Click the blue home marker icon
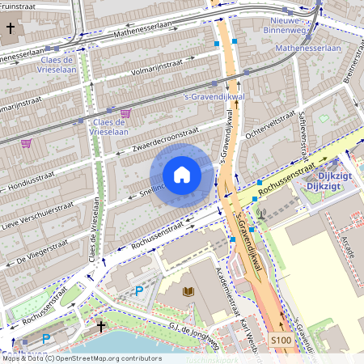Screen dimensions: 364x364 coord(182,175)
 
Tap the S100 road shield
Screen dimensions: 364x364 coord(281,341)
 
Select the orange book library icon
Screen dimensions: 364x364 coord(188,291)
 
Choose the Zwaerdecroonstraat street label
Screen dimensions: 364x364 coord(161,139)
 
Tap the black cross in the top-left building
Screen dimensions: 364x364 coord(11,28)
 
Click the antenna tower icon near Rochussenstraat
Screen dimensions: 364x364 coord(260,214)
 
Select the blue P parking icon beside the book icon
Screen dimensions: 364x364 coord(139,290)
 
